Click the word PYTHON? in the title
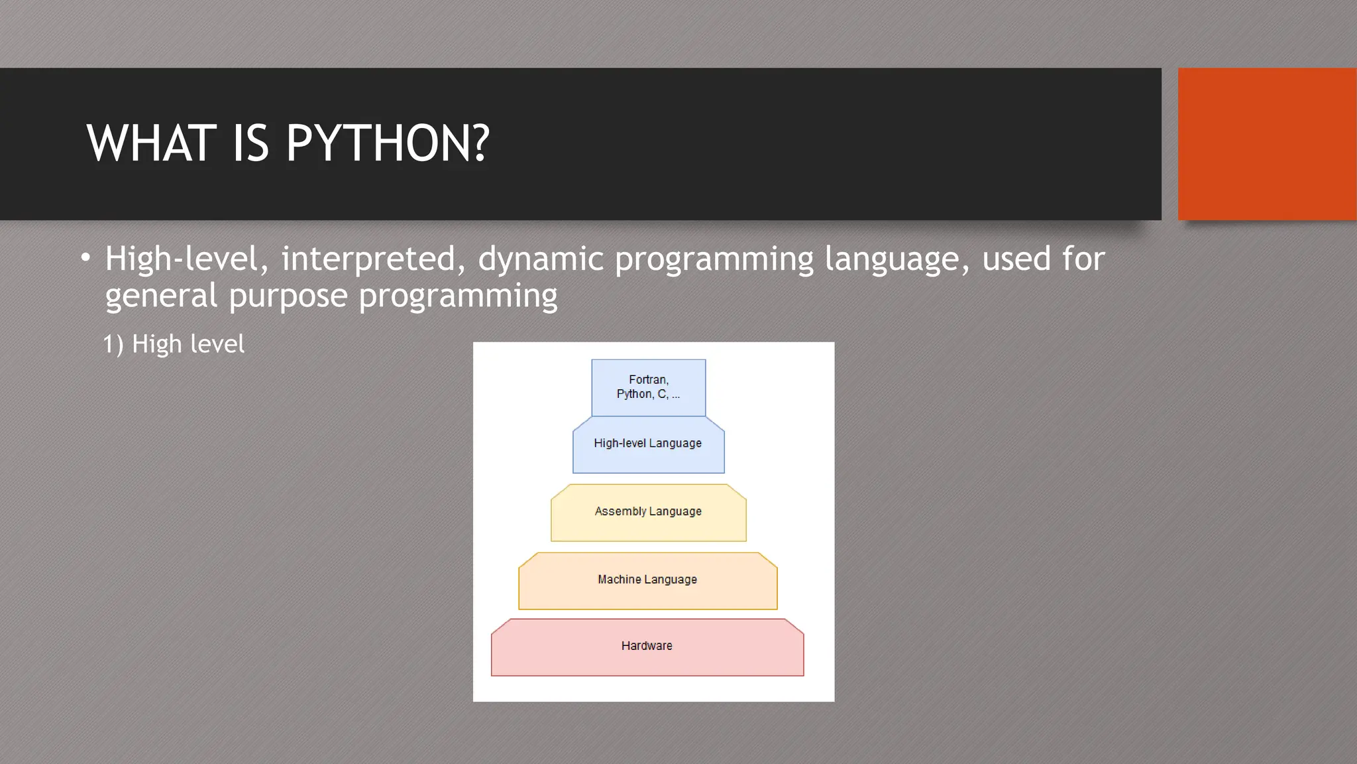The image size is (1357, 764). [x=388, y=143]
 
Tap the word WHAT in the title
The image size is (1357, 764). [x=152, y=143]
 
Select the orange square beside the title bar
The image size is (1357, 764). [x=1266, y=144]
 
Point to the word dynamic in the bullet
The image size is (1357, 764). [x=540, y=259]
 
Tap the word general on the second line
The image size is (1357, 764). [x=161, y=296]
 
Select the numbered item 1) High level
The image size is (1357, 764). [x=174, y=344]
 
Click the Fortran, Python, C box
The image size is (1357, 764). [x=648, y=388]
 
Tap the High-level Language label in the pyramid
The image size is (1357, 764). [x=647, y=443]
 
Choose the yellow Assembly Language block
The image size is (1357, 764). [x=648, y=512]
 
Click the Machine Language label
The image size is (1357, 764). [x=647, y=580]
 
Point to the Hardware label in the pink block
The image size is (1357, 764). [x=647, y=646]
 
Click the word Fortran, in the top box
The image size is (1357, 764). [x=649, y=380]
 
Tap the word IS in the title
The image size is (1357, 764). [x=250, y=143]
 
